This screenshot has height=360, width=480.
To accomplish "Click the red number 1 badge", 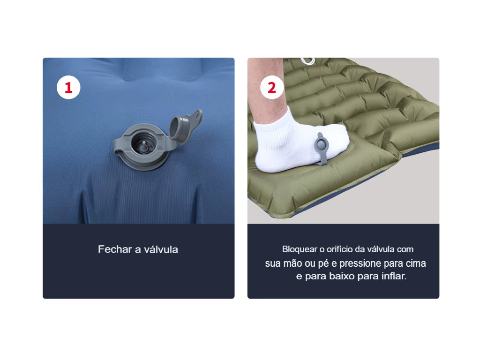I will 68,88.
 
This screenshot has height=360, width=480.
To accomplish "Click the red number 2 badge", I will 272,88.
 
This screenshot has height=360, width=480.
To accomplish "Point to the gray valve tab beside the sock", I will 320,146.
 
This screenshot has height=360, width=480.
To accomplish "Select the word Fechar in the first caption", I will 115,249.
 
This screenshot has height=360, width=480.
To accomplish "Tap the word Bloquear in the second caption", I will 300,249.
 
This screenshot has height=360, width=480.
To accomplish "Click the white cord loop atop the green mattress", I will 307,61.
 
